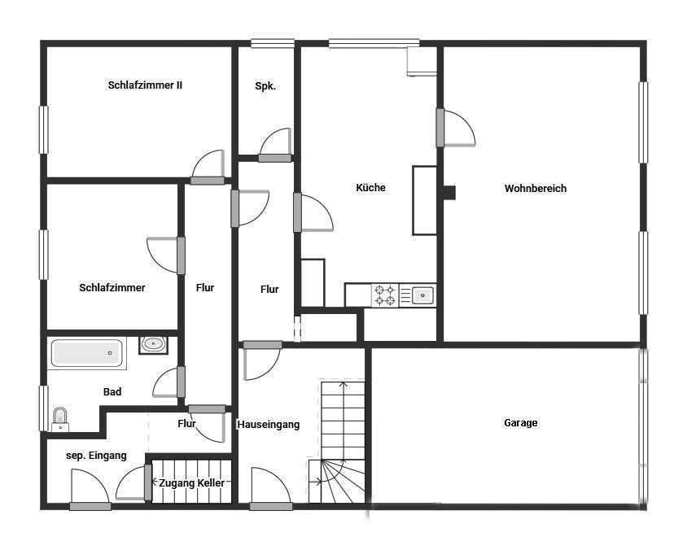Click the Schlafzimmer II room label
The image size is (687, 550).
[x=145, y=85]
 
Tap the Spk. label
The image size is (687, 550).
[x=265, y=86]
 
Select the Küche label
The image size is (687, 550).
[x=370, y=187]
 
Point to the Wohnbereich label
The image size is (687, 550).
[x=536, y=188]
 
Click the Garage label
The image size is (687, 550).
[x=520, y=422]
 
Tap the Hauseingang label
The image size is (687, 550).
[x=269, y=425]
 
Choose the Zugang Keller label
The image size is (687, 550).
[x=191, y=483]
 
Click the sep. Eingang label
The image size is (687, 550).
[x=96, y=456]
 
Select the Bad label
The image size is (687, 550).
[x=112, y=392]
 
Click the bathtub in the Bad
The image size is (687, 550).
[x=87, y=353]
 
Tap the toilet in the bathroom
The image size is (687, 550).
[x=60, y=420]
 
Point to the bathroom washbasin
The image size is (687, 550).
[x=153, y=345]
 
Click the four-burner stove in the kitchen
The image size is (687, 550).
[x=385, y=295]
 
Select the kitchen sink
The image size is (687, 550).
[x=422, y=295]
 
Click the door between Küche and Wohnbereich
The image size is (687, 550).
[x=456, y=128]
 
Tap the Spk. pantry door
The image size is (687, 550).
[x=275, y=145]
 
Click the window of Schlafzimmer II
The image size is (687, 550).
[x=43, y=129]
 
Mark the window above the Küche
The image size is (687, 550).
[x=374, y=43]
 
